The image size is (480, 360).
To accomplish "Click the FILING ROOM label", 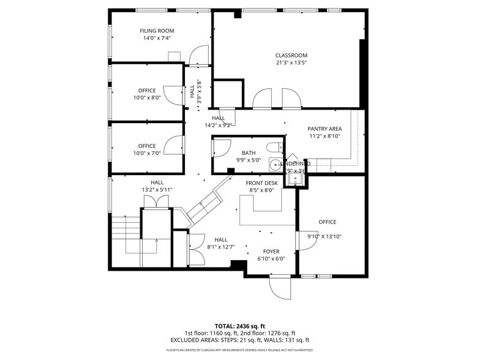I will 157,31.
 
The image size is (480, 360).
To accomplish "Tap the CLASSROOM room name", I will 291,55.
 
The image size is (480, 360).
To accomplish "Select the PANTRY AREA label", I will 324,129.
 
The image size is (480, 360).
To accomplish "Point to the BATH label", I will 248,153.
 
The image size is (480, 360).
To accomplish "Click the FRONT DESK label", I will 261,183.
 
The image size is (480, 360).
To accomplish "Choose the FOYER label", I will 271,252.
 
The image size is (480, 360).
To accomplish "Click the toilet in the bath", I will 276,146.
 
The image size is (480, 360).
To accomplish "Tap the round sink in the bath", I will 274,164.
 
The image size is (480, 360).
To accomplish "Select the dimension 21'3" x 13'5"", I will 291,62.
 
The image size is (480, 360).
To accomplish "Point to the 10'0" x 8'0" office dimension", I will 147,97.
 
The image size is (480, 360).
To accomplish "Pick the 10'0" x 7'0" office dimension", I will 147,153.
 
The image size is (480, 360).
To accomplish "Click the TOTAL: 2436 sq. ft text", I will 239,326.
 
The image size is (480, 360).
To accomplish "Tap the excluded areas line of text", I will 239,340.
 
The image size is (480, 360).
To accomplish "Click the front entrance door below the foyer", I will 280,287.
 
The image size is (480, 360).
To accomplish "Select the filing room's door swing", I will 199,56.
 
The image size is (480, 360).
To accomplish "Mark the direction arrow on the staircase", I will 157,242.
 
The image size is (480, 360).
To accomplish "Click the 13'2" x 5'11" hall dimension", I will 157,190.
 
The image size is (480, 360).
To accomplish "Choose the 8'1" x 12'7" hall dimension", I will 221,247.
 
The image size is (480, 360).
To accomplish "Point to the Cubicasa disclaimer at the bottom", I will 239,350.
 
